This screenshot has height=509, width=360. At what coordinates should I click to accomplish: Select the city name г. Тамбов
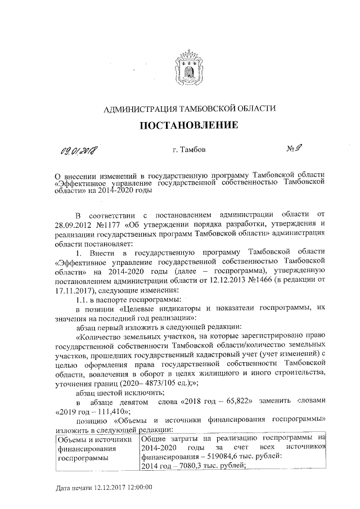[x=189, y=150]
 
